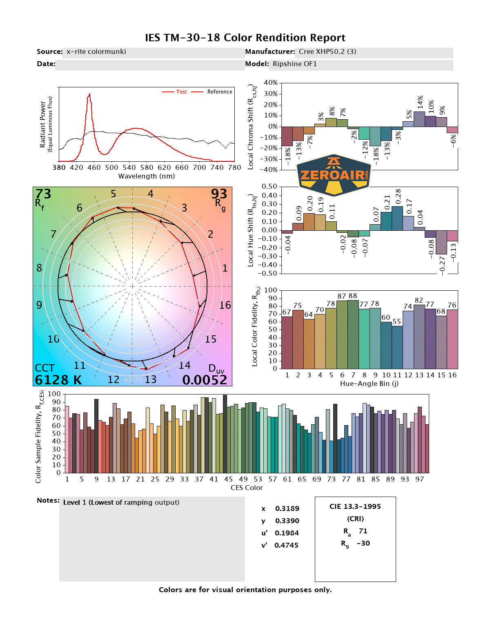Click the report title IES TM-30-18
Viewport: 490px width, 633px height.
click(245, 38)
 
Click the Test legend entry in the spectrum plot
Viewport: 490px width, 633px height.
click(181, 92)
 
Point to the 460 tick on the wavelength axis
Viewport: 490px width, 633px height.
click(94, 167)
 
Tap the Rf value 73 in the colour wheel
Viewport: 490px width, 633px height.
click(43, 194)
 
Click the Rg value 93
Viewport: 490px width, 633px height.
click(219, 194)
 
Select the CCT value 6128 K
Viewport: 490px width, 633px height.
click(58, 380)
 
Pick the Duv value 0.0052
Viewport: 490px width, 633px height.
click(205, 380)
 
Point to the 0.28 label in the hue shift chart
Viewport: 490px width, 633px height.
click(398, 197)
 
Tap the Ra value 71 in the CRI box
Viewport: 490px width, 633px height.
click(363, 531)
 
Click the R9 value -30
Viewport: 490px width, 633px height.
click(363, 543)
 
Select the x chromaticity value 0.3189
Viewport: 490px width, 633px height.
click(287, 508)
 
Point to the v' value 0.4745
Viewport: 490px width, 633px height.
click(286, 545)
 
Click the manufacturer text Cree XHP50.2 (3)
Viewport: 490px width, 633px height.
click(327, 51)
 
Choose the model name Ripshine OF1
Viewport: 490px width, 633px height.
click(295, 64)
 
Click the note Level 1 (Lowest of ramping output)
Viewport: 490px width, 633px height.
click(121, 502)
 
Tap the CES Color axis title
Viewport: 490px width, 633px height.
click(247, 488)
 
